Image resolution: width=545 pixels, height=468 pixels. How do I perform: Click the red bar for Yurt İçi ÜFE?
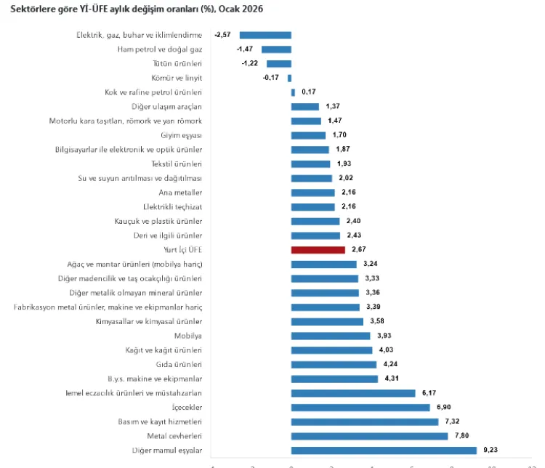click(318, 249)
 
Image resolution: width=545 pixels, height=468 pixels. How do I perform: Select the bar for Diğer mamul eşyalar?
click(383, 451)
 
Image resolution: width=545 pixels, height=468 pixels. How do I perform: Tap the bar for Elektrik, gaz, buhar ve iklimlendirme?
click(265, 35)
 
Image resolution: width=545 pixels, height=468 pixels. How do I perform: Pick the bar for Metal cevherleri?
click(369, 436)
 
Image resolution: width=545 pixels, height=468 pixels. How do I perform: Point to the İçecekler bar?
click(360, 408)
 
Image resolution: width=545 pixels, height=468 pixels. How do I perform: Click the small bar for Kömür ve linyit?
click(289, 78)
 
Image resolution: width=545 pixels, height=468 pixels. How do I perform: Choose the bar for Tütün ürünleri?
click(278, 63)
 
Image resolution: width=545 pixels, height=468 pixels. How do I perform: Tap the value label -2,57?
click(223, 35)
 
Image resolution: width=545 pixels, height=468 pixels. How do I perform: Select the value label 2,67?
click(358, 249)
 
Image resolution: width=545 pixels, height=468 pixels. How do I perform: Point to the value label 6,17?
click(428, 393)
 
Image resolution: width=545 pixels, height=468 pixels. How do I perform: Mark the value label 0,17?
click(309, 92)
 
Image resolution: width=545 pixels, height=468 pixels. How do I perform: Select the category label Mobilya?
click(187, 336)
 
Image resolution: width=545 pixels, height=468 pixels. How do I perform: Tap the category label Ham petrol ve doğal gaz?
click(159, 49)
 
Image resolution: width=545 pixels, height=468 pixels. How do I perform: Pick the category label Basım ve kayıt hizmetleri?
click(160, 421)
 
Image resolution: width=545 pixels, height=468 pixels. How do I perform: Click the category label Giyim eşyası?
click(181, 135)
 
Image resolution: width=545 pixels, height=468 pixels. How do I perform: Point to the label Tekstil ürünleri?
click(177, 164)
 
